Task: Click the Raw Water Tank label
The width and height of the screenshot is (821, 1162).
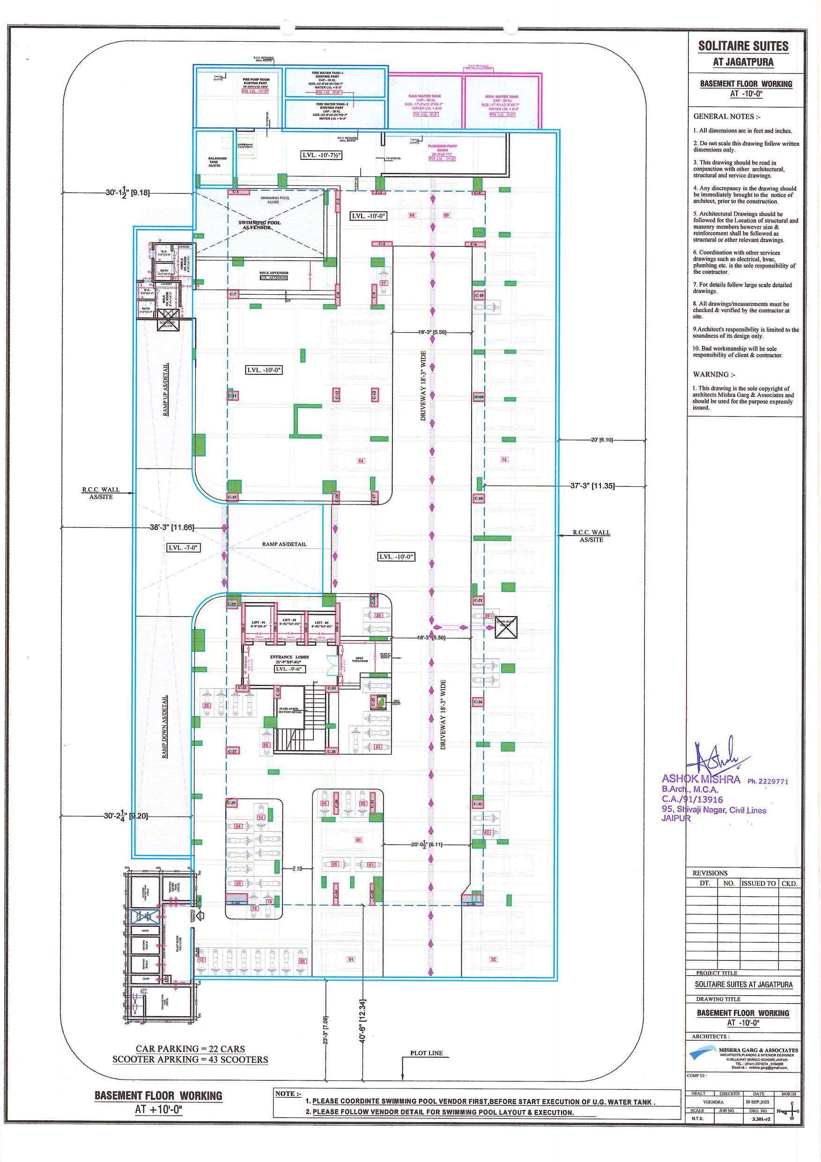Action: point(424,96)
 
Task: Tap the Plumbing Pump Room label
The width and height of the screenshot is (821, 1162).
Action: point(442,148)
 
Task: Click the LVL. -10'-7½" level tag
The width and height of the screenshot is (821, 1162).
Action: point(321,156)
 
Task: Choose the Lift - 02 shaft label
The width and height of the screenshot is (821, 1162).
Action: point(290,621)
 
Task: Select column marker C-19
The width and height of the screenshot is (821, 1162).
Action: point(232,603)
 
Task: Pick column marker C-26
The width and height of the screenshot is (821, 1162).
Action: point(478,702)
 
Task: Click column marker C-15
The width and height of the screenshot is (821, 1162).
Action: point(232,498)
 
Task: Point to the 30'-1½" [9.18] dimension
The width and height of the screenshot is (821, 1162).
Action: point(127,192)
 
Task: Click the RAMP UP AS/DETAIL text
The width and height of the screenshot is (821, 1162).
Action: point(166,390)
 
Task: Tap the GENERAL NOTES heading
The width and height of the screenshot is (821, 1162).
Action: point(726,116)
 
